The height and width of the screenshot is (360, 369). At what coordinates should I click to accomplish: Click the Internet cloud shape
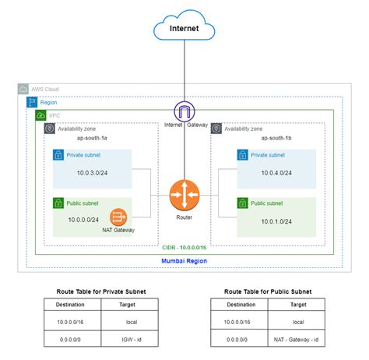pos(184,30)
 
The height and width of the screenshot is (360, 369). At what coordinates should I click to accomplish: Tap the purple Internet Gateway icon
pos(184,111)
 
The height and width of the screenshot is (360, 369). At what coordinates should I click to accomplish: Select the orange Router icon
pos(184,194)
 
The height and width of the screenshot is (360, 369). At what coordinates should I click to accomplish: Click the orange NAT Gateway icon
pos(118,217)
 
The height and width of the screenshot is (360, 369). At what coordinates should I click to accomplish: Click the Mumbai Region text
pos(184,259)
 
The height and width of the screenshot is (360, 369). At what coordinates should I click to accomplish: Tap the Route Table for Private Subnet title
pos(101,291)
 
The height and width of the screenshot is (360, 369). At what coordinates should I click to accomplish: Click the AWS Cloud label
pos(46,90)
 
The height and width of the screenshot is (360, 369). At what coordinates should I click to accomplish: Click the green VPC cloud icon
pos(40,115)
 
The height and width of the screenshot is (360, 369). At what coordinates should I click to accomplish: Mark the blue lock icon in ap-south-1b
pos(243,156)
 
